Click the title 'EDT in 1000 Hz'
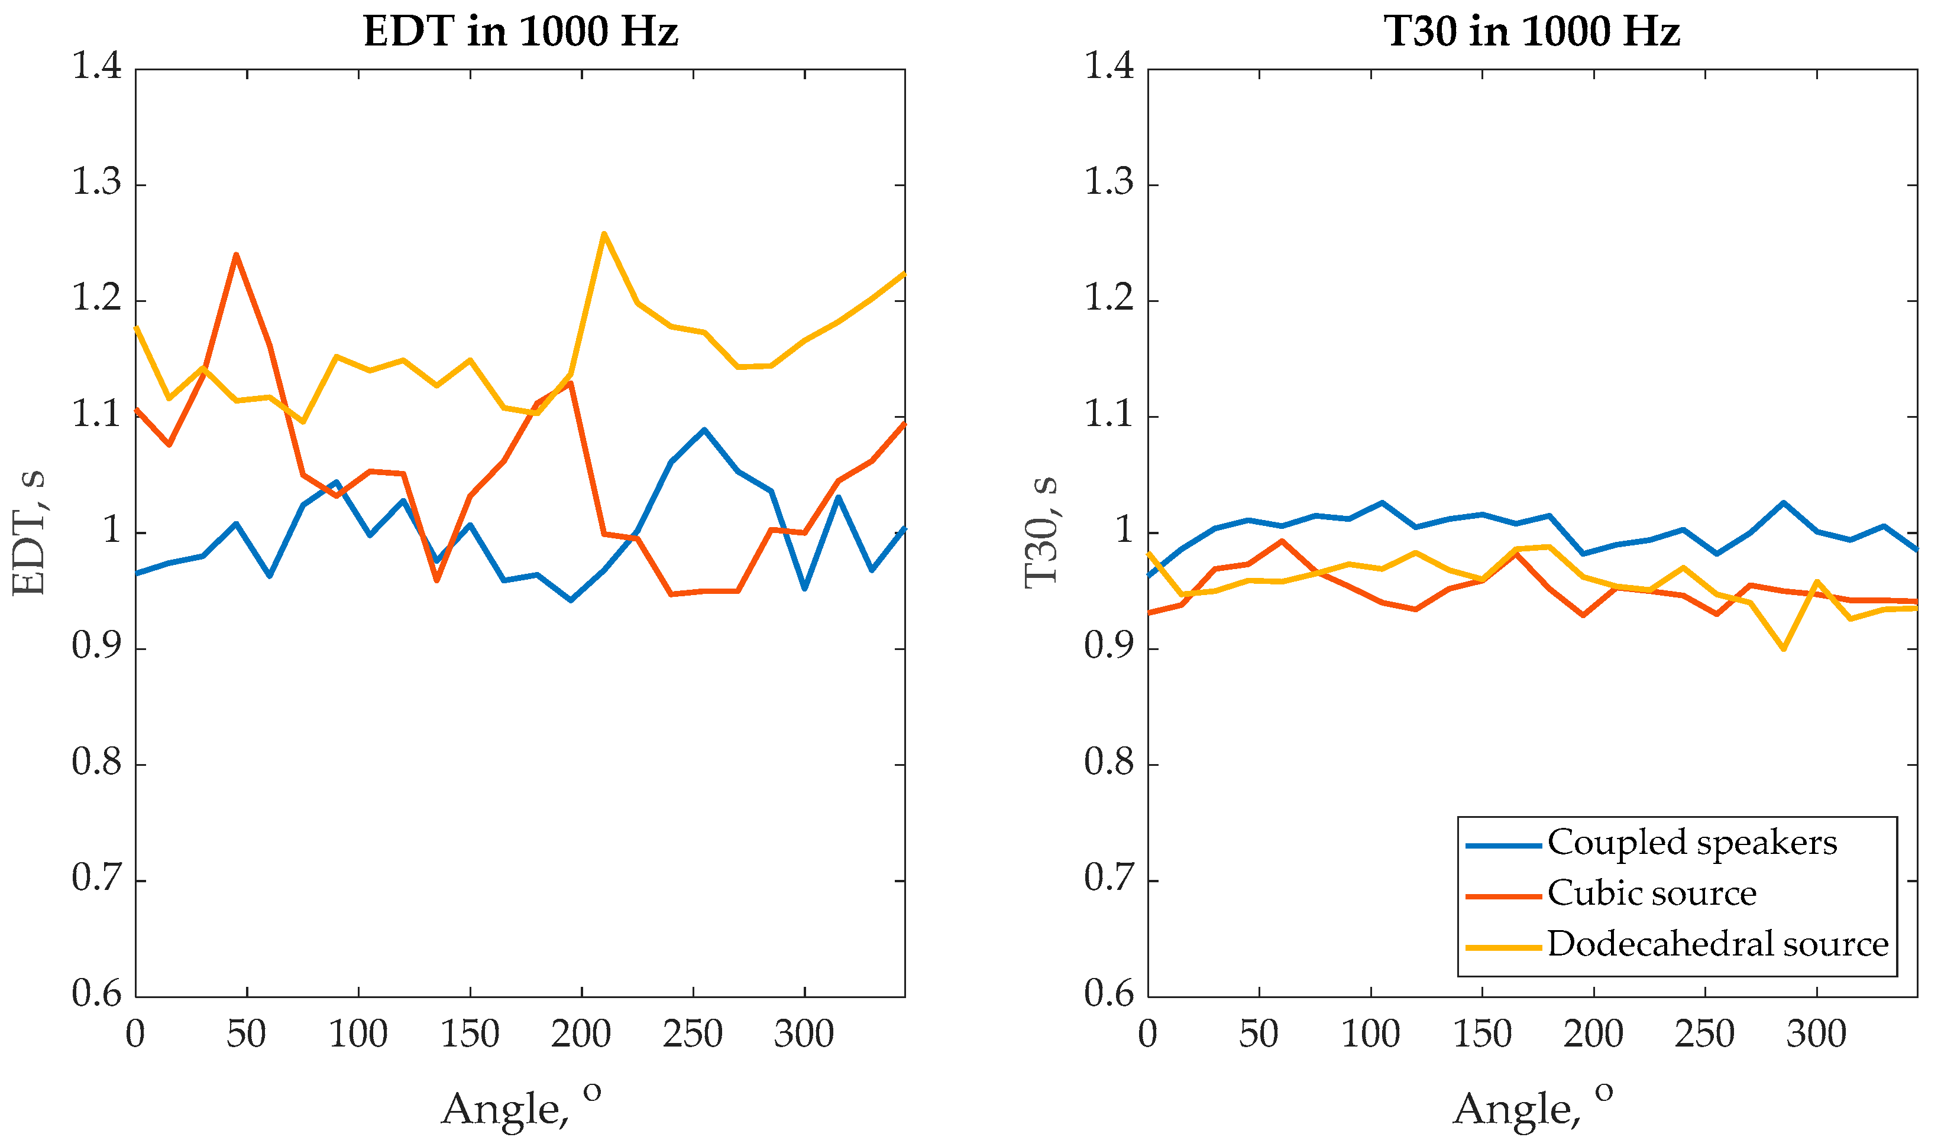pyautogui.click(x=520, y=33)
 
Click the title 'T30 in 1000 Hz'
pyautogui.click(x=1531, y=33)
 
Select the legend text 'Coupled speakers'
pyautogui.click(x=1691, y=843)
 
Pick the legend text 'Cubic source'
pyautogui.click(x=1652, y=893)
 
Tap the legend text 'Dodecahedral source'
pyautogui.click(x=1717, y=944)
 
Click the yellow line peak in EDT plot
pyautogui.click(x=603, y=233)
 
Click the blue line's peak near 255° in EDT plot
pyautogui.click(x=704, y=430)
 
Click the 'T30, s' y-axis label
pyautogui.click(x=1041, y=533)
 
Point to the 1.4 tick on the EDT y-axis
pyautogui.click(x=96, y=66)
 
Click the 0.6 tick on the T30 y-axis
pyautogui.click(x=1109, y=994)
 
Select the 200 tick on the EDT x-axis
pyautogui.click(x=581, y=1034)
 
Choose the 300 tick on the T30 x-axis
pyautogui.click(x=1816, y=1034)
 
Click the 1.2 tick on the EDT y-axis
pyautogui.click(x=96, y=299)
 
